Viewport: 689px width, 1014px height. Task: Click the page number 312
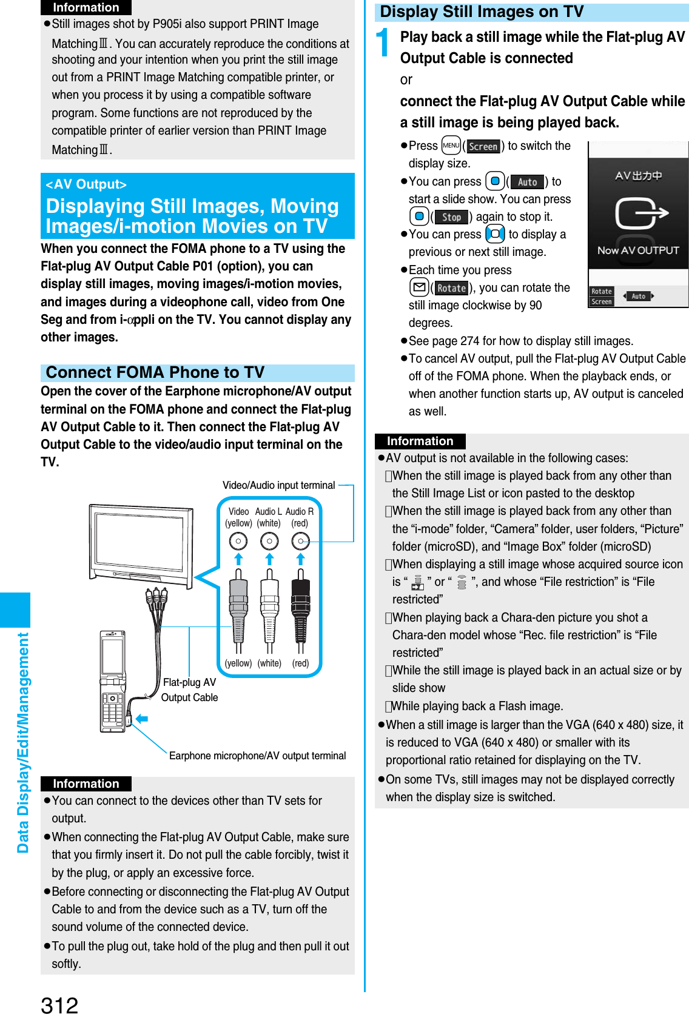(x=59, y=1004)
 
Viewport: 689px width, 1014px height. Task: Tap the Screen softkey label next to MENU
(x=483, y=146)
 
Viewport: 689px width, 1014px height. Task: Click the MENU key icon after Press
(x=451, y=146)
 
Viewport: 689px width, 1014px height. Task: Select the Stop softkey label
(x=451, y=217)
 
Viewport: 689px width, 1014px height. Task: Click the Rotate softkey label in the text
(x=451, y=288)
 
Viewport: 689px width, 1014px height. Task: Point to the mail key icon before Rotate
(x=419, y=287)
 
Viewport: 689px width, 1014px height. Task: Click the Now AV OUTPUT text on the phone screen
(x=638, y=250)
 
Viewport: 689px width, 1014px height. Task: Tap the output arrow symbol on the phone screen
(x=640, y=213)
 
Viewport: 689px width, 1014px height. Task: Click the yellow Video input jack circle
(x=238, y=540)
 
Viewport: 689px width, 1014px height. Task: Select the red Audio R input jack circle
(x=300, y=540)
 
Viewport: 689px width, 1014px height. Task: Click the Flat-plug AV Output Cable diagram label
(x=189, y=690)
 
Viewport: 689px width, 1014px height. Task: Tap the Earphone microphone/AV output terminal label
(x=257, y=756)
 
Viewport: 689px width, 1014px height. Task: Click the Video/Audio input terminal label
(x=278, y=485)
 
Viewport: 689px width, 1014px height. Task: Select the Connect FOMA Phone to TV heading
(x=156, y=372)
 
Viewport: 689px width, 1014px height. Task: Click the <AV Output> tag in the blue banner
(x=86, y=184)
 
